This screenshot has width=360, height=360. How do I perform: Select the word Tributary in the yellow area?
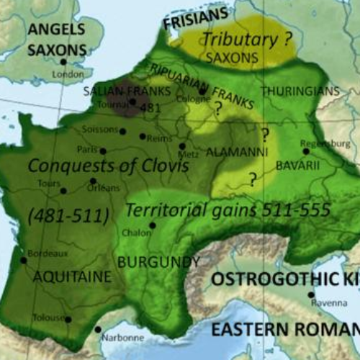tap(231, 39)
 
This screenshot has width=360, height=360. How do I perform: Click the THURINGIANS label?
tap(300, 91)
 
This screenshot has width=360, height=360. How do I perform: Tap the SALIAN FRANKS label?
tap(127, 91)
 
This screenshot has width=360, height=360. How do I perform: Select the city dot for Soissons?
tap(123, 131)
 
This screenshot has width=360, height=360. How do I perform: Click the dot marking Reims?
tap(142, 135)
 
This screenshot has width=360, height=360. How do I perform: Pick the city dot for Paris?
tap(103, 151)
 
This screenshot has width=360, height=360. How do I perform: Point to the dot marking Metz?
tap(181, 145)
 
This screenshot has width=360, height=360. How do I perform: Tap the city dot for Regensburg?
tap(306, 151)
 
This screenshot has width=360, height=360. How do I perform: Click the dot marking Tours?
tap(63, 191)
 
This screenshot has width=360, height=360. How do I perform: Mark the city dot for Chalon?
tap(153, 225)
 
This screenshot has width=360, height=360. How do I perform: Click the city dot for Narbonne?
tap(98, 329)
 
